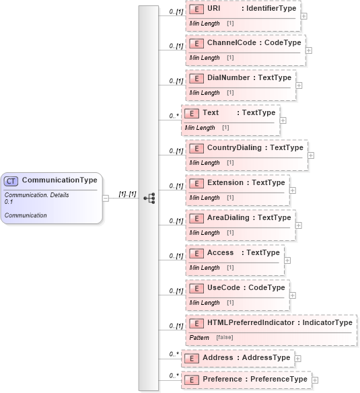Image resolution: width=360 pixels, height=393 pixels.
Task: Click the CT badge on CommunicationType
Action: pos(11,181)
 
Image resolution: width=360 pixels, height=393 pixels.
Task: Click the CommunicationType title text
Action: pos(59,180)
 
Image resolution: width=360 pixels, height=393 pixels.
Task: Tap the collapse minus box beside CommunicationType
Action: pos(106,198)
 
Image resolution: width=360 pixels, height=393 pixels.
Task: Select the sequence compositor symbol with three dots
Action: pos(149,198)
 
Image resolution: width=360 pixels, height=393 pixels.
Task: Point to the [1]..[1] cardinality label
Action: pos(127,194)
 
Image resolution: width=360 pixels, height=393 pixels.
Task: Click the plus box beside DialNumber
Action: pos(299,85)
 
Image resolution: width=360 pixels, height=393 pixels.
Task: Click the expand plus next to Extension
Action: pos(292,190)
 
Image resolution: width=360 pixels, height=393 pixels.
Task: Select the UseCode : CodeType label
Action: pos(246,288)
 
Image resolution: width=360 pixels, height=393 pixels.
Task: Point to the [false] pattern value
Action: pos(225,337)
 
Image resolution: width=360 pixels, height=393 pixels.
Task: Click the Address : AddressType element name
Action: pos(246,357)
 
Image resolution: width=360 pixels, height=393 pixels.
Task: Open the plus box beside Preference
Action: pos(315,380)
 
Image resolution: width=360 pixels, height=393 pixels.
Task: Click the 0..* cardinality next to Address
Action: pos(174,354)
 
